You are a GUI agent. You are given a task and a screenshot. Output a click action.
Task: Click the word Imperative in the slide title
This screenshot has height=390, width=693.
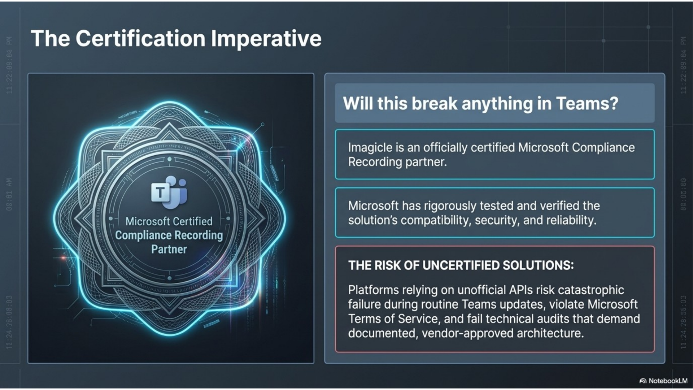(266, 39)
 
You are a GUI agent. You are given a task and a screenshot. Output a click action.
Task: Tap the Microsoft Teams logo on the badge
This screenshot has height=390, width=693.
(169, 192)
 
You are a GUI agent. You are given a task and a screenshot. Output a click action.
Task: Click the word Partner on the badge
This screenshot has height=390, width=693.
(169, 249)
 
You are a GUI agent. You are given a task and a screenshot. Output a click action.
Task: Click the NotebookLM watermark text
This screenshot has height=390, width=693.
(668, 381)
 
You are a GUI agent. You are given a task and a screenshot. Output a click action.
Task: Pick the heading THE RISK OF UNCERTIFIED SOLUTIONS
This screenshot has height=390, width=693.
(461, 265)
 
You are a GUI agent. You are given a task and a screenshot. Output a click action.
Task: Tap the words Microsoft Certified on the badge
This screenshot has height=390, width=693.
(169, 221)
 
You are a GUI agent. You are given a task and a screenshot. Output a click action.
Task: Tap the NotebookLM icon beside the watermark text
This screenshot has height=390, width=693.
(643, 381)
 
